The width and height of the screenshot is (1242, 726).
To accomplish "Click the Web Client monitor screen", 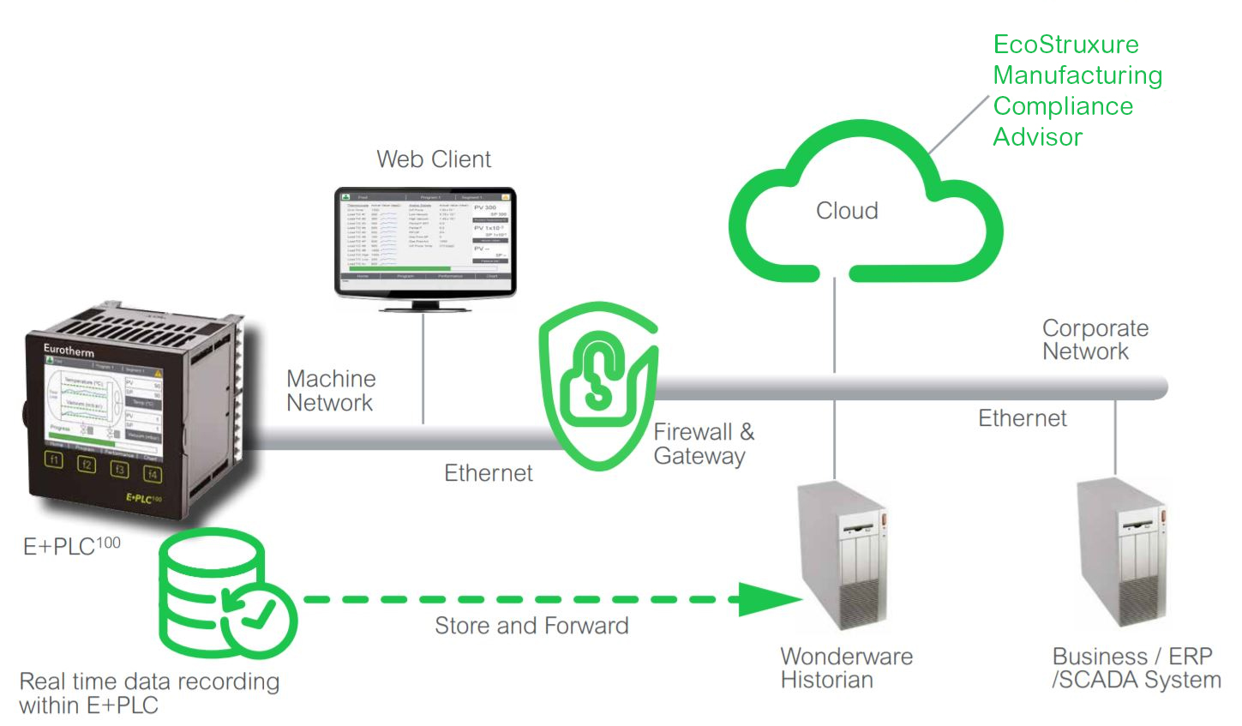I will pos(425,237).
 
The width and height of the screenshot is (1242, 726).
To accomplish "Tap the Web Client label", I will pos(434,159).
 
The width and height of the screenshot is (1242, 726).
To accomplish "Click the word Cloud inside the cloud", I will pos(847,211).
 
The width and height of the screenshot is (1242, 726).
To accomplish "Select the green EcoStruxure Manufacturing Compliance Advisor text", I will pos(1077,91).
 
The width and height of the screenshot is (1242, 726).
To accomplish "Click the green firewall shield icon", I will pos(597,385).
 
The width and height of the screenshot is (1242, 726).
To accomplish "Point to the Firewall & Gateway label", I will pos(704,444).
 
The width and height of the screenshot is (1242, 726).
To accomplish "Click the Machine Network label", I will pos(331,391).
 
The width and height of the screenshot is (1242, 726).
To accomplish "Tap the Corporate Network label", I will pos(1095,340).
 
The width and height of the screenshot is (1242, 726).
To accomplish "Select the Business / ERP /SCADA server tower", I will pos(1121,553).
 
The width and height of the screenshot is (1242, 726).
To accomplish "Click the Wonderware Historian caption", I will pos(846,669).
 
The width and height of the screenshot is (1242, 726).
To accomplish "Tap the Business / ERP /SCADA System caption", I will pos(1136,669).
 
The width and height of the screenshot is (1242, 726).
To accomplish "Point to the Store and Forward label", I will pos(531,626).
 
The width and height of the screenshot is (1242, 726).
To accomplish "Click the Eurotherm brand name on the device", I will pos(69,350).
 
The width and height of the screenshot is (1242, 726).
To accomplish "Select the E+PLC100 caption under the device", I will pos(71,546).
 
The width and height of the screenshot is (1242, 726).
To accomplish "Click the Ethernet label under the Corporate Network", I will pos(1022,418).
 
